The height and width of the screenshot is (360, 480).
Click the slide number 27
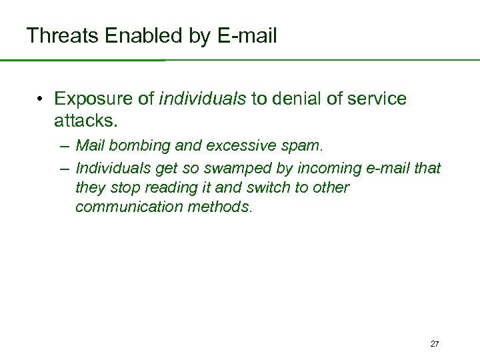[x=435, y=344]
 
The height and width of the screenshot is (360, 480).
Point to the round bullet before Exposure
[x=41, y=100]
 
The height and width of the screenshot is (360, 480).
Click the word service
[x=376, y=99]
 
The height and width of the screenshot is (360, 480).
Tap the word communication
[x=125, y=207]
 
